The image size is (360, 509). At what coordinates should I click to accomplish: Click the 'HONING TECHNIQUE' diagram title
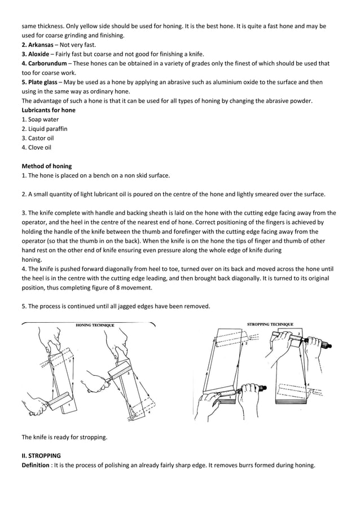(x=95, y=326)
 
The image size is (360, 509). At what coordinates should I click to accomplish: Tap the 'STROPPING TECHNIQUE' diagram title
(x=270, y=324)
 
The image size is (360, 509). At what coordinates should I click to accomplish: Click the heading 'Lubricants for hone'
(x=48, y=110)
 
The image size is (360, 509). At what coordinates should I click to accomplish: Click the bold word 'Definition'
(x=36, y=465)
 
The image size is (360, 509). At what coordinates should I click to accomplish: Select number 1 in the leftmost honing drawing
(x=69, y=405)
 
